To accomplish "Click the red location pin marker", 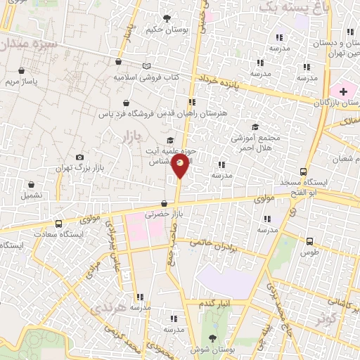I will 181,166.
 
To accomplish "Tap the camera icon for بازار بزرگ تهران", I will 79,157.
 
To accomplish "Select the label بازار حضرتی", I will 163,214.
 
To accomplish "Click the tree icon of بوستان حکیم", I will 167,18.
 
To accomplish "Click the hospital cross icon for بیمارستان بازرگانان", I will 343,91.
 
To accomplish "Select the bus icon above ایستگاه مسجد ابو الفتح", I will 304,172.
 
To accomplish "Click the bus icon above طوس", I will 309,240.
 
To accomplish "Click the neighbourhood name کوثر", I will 325,318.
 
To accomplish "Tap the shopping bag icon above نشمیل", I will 31,184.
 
